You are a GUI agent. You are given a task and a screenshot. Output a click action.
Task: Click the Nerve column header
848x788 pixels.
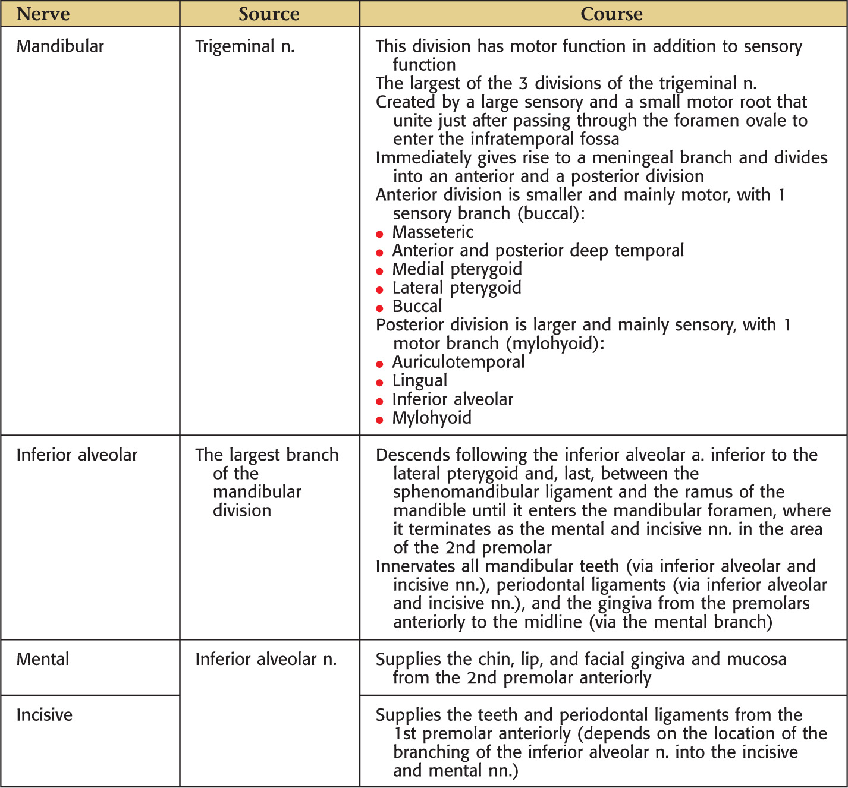(43, 14)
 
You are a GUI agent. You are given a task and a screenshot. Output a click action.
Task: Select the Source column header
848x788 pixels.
(269, 14)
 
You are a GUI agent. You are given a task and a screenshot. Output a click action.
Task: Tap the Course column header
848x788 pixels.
(611, 14)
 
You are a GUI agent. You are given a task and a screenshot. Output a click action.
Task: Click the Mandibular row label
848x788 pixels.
(60, 46)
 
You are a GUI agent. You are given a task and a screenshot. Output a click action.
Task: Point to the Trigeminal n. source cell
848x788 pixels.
(245, 46)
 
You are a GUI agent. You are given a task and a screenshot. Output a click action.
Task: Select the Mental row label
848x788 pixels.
(43, 659)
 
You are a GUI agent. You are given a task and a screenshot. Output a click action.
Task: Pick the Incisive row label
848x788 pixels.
(45, 714)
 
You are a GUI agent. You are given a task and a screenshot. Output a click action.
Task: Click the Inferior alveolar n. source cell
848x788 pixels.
(266, 659)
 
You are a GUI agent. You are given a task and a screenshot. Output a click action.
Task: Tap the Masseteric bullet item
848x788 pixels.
(433, 232)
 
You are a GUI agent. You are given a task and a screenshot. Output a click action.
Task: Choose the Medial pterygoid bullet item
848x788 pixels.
(457, 269)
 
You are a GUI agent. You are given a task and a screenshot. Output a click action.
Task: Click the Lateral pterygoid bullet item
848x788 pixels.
(457, 288)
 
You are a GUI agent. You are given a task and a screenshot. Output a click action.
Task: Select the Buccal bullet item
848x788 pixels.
(417, 307)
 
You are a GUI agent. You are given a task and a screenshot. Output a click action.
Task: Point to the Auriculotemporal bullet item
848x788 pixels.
(458, 362)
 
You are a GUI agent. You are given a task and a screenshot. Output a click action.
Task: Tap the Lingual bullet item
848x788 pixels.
(420, 381)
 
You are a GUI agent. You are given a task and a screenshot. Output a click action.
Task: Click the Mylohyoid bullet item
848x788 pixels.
(432, 418)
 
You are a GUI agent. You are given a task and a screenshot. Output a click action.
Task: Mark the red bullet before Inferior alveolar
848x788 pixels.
(379, 401)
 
